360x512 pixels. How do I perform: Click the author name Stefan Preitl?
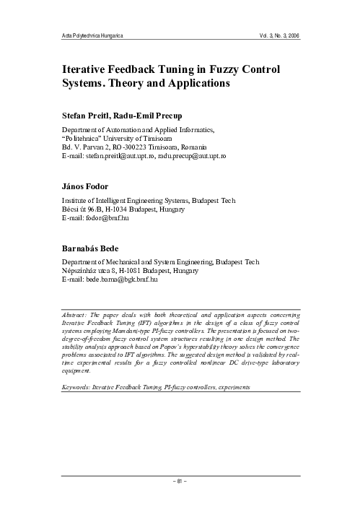click(84, 116)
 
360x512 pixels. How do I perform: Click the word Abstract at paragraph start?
click(75, 315)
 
